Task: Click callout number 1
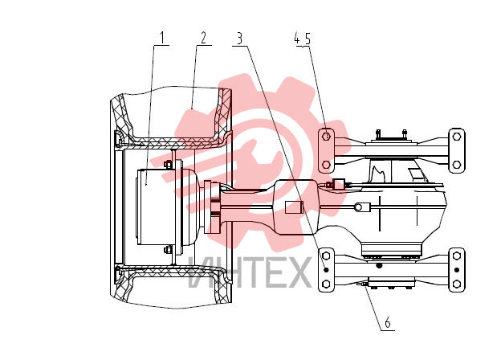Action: point(162,38)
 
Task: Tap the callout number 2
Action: point(204,38)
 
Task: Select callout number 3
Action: point(239,39)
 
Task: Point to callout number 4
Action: point(297,39)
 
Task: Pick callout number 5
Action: point(308,39)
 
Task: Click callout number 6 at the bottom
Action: point(388,322)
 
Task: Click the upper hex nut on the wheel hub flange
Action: point(168,165)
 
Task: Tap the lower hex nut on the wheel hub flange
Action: point(168,249)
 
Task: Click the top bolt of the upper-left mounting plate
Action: point(326,137)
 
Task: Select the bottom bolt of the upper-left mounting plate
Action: point(326,165)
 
